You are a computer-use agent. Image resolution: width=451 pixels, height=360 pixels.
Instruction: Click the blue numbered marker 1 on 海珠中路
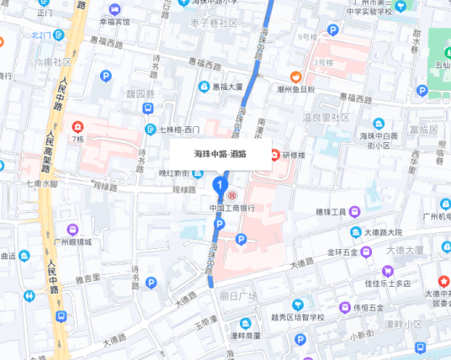(x=220, y=184)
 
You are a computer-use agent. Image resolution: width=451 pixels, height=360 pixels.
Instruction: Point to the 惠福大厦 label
(x=227, y=87)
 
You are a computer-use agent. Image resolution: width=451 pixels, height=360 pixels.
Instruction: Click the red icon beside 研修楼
(x=274, y=154)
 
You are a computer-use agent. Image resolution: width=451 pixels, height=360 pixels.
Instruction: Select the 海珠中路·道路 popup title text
(x=220, y=154)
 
